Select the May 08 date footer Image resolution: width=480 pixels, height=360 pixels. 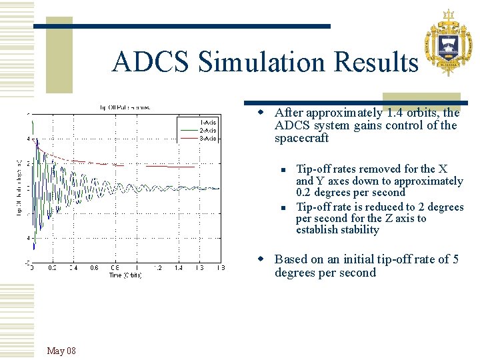click(x=61, y=351)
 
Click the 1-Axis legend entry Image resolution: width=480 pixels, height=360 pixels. click(x=208, y=123)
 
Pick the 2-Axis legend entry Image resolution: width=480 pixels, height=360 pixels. click(x=208, y=131)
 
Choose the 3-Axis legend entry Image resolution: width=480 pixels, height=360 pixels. click(x=208, y=138)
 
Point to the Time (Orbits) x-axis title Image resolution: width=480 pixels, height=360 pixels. click(x=126, y=275)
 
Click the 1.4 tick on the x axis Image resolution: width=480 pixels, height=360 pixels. click(x=179, y=267)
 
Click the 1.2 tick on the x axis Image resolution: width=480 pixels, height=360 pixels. click(x=157, y=267)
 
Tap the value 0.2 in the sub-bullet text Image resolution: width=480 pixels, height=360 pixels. click(x=305, y=193)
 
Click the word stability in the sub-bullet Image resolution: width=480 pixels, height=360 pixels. click(x=355, y=230)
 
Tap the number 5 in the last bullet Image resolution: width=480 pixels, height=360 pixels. click(x=455, y=259)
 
